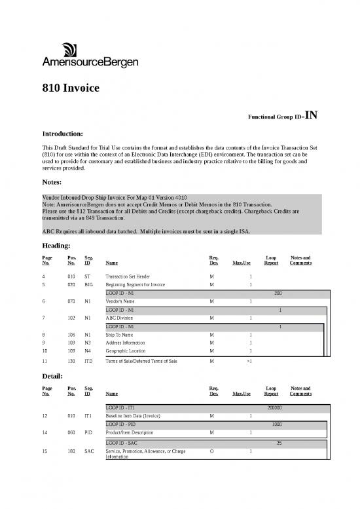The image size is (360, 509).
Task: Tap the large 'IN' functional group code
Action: pyautogui.click(x=311, y=117)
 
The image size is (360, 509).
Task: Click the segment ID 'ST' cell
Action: pyautogui.click(x=88, y=276)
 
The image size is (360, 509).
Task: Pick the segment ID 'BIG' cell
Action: pyautogui.click(x=90, y=285)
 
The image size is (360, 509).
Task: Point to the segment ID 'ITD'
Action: pyautogui.click(x=90, y=362)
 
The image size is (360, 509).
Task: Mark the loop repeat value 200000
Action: pyautogui.click(x=275, y=407)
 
